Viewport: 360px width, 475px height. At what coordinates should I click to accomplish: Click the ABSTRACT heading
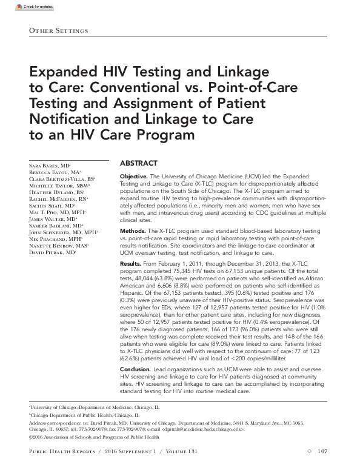[138, 163]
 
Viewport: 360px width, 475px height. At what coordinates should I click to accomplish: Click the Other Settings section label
[59, 31]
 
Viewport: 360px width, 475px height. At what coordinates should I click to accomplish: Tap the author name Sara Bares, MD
[50, 165]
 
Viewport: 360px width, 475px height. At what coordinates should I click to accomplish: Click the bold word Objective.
[135, 175]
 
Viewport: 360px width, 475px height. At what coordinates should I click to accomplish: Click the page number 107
[322, 451]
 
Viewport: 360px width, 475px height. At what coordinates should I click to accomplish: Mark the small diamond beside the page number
[308, 451]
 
